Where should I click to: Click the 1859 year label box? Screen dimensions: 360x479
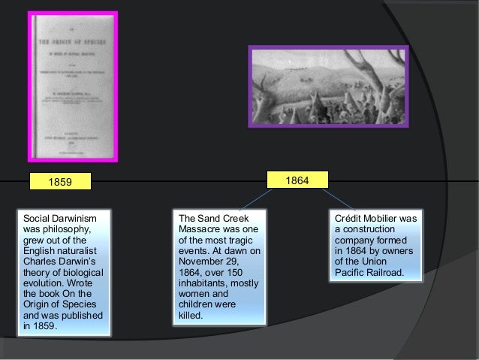pyautogui.click(x=60, y=181)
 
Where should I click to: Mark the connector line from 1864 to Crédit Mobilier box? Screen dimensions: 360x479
pyautogui.click(x=338, y=198)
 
